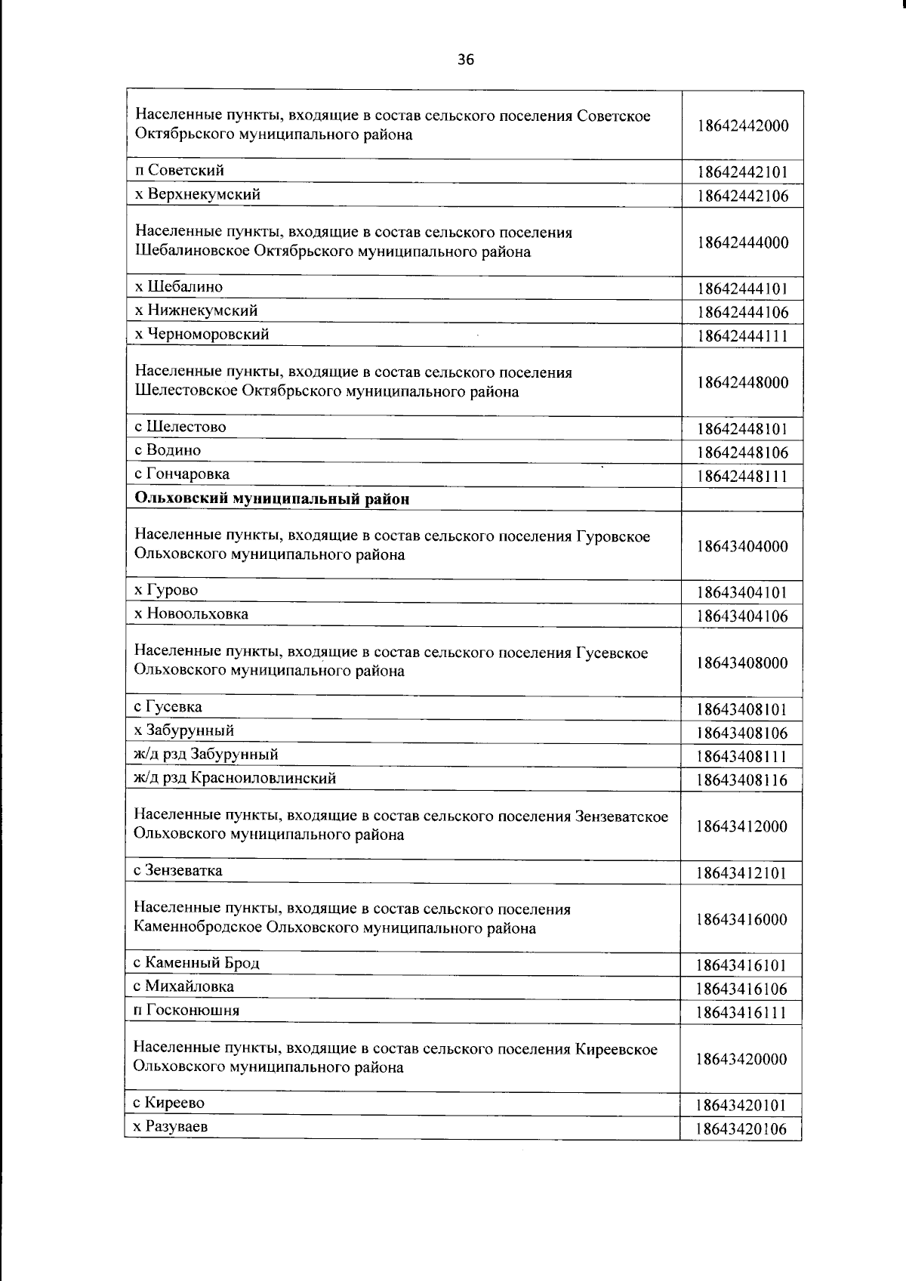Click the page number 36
(x=466, y=60)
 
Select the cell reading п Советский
(x=179, y=171)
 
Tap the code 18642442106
(x=742, y=196)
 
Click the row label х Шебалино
(x=178, y=287)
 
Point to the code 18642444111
(x=742, y=336)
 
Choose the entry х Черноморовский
(x=201, y=334)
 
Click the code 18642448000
(x=742, y=382)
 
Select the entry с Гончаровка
(x=181, y=474)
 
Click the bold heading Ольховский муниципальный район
(x=272, y=499)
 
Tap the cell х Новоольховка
(x=191, y=614)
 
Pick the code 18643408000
(x=742, y=663)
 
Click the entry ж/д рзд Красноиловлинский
(x=235, y=778)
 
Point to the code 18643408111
(x=742, y=757)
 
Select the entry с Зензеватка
(x=177, y=871)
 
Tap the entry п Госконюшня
(x=186, y=1011)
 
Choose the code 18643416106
(x=742, y=989)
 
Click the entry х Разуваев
(x=171, y=1127)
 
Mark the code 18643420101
(x=742, y=1106)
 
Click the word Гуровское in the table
(x=612, y=536)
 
